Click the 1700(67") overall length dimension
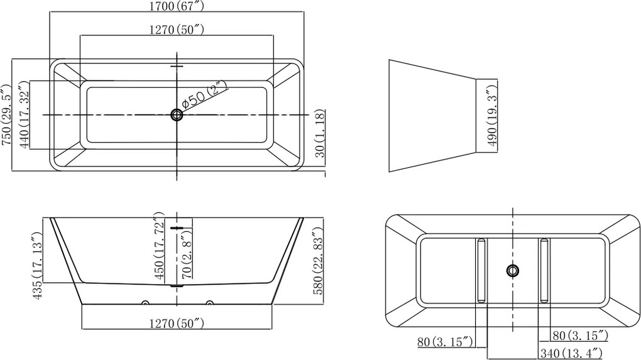pyautogui.click(x=177, y=6)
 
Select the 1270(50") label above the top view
pyautogui.click(x=177, y=30)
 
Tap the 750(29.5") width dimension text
pyautogui.click(x=6, y=115)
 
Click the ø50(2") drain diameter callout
pyautogui.click(x=203, y=95)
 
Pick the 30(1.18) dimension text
pyautogui.click(x=320, y=133)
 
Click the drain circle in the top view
pyautogui.click(x=177, y=115)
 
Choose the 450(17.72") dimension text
pyautogui.click(x=159, y=245)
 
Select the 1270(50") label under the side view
pyautogui.click(x=177, y=324)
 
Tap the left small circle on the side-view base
pyautogui.click(x=145, y=303)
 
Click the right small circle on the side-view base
pyautogui.click(x=209, y=303)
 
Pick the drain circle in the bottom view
pyautogui.click(x=513, y=270)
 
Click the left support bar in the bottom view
pyautogui.click(x=481, y=271)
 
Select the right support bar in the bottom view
pyautogui.click(x=544, y=271)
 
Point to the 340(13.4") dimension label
pyautogui.click(x=571, y=352)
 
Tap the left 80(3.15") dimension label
pyautogui.click(x=445, y=341)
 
